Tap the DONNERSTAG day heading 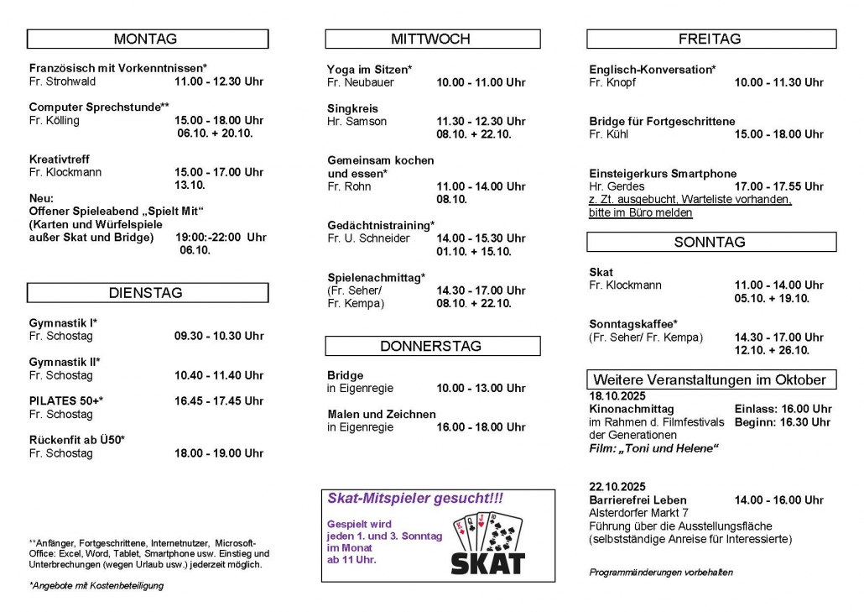tap(431, 346)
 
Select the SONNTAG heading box tap(710, 242)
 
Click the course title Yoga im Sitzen tap(369, 69)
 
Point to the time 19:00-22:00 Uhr tap(221, 238)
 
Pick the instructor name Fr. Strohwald tap(63, 81)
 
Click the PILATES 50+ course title tap(65, 401)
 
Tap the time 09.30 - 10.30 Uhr tap(219, 336)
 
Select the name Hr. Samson tap(357, 121)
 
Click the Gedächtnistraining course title tap(381, 225)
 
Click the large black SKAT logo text tap(488, 563)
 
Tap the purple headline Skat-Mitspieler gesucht tap(415, 499)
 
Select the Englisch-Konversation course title tap(652, 70)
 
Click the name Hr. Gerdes tap(617, 186)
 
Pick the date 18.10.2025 tap(617, 395)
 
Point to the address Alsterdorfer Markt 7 tap(639, 513)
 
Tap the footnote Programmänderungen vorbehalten tap(661, 573)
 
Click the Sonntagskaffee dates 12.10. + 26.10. tap(772, 350)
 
